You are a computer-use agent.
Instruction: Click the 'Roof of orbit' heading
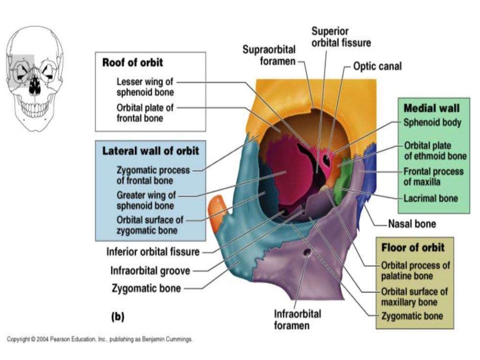[133, 62]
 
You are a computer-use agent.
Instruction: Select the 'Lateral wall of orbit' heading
[150, 151]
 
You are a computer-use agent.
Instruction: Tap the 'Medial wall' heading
[432, 108]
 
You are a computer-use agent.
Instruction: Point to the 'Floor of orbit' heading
[412, 247]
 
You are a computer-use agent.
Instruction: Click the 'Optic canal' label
[377, 67]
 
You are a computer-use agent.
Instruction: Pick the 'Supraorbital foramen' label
[270, 55]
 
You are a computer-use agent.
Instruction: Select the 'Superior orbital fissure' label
[341, 37]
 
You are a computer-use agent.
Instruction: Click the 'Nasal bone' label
[412, 224]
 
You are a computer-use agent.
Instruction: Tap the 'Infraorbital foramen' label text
[298, 319]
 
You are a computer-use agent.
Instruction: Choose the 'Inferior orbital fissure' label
[153, 252]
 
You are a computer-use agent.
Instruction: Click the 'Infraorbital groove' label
[150, 270]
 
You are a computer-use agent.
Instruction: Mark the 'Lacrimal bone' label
[431, 198]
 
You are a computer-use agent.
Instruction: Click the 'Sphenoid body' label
[432, 122]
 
